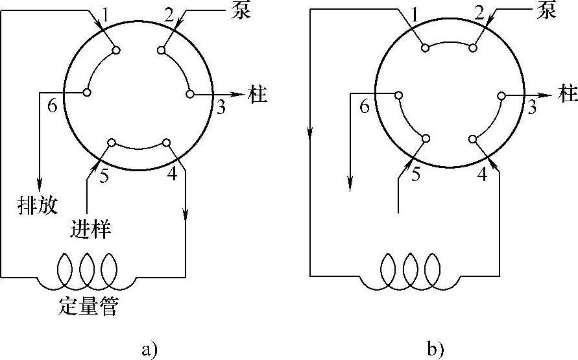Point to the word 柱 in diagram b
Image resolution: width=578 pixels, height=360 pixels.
568,94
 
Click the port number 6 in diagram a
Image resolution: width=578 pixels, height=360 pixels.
53,106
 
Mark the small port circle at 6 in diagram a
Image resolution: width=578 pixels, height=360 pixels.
86,93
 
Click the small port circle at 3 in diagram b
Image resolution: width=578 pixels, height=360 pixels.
501,96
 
